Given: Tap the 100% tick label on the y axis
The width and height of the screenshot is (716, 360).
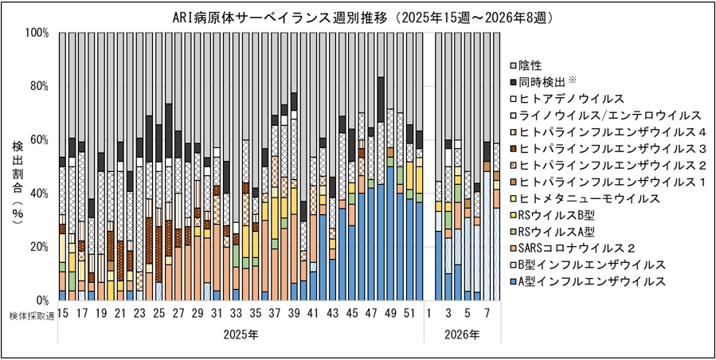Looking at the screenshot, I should tap(37, 33).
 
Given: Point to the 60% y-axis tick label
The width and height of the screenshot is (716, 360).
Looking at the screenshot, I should tap(39, 140).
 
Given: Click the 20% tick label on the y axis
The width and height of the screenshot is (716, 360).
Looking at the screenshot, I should tap(39, 247).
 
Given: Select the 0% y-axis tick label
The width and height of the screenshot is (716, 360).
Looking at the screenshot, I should tap(42, 300).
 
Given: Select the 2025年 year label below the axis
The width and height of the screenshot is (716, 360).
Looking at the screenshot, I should tap(237, 335).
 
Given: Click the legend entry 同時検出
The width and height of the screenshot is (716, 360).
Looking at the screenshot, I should tap(549, 81).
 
